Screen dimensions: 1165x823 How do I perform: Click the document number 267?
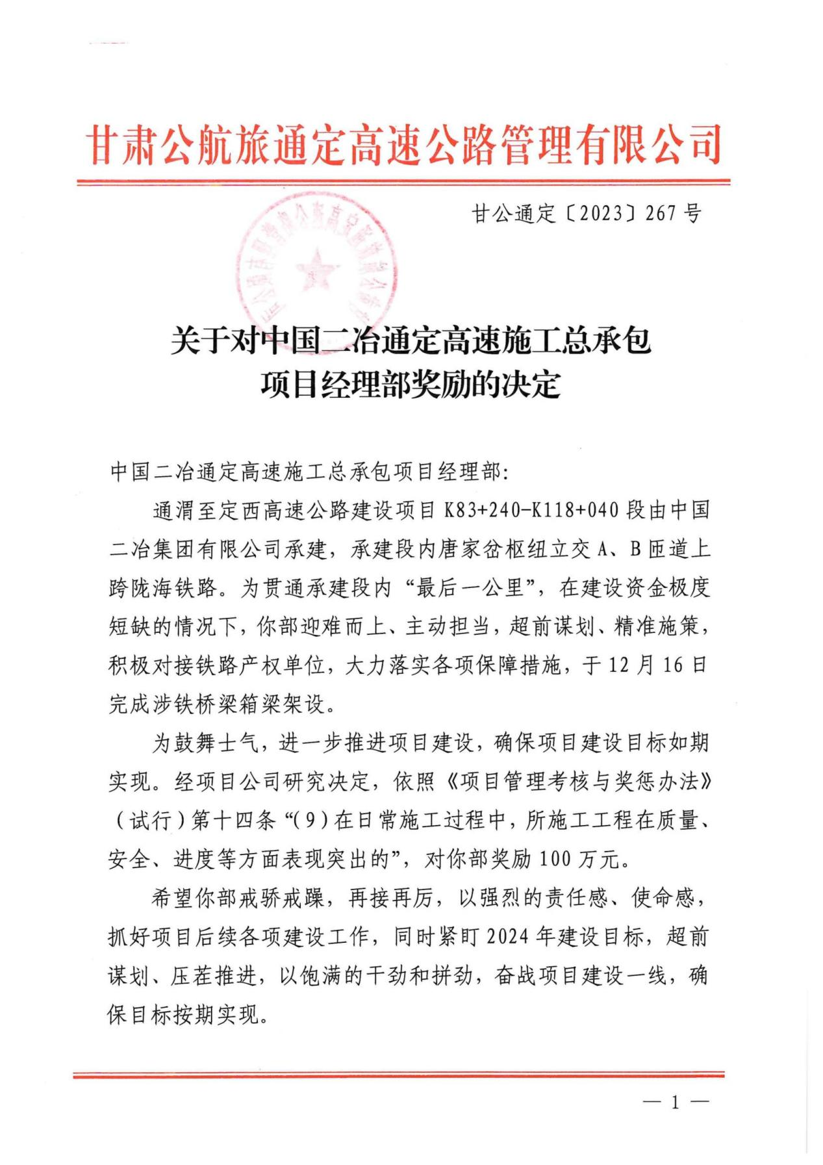pos(661,214)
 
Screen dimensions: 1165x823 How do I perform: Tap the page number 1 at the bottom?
pos(675,1102)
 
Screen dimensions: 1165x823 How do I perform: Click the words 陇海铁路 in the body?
pos(173,588)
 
